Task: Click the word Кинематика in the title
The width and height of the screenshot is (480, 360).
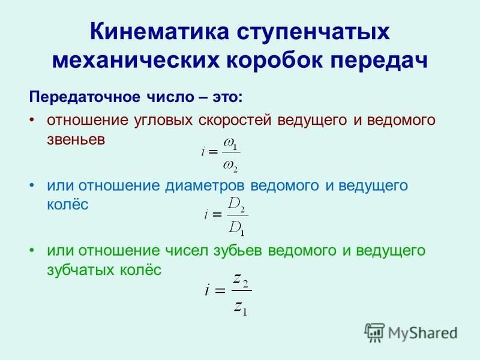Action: pyautogui.click(x=160, y=31)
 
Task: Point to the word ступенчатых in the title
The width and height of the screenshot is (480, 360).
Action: pyautogui.click(x=313, y=32)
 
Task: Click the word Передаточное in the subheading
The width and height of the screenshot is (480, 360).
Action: pyautogui.click(x=85, y=97)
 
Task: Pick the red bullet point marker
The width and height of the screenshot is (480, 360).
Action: pyautogui.click(x=32, y=119)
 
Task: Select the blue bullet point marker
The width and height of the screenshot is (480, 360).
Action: pyautogui.click(x=32, y=185)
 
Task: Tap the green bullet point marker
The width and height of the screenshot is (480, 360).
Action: pyautogui.click(x=32, y=250)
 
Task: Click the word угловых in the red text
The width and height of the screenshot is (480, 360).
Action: pyautogui.click(x=163, y=121)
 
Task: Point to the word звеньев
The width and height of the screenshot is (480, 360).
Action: pyautogui.click(x=76, y=140)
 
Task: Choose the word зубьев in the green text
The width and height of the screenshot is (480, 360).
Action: pyautogui.click(x=238, y=251)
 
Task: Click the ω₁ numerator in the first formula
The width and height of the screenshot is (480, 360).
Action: pyautogui.click(x=230, y=143)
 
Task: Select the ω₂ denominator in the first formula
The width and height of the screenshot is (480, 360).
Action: pyautogui.click(x=230, y=166)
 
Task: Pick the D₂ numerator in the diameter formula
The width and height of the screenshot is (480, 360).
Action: pyautogui.click(x=236, y=204)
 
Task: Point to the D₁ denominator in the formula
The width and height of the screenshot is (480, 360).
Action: pyautogui.click(x=236, y=228)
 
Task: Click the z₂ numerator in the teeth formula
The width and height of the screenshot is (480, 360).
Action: pyautogui.click(x=241, y=280)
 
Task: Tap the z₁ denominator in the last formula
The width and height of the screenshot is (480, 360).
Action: pyautogui.click(x=241, y=308)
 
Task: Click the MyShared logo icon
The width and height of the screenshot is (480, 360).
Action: pyautogui.click(x=374, y=332)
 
